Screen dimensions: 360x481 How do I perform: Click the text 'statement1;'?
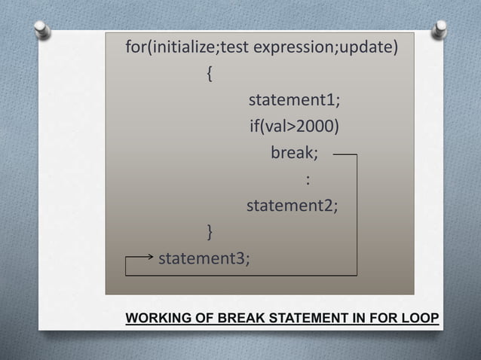point(294,101)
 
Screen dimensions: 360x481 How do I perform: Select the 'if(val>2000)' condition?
point(294,127)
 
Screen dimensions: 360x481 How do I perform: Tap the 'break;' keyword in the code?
point(294,153)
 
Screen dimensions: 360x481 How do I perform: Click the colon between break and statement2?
point(308,179)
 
